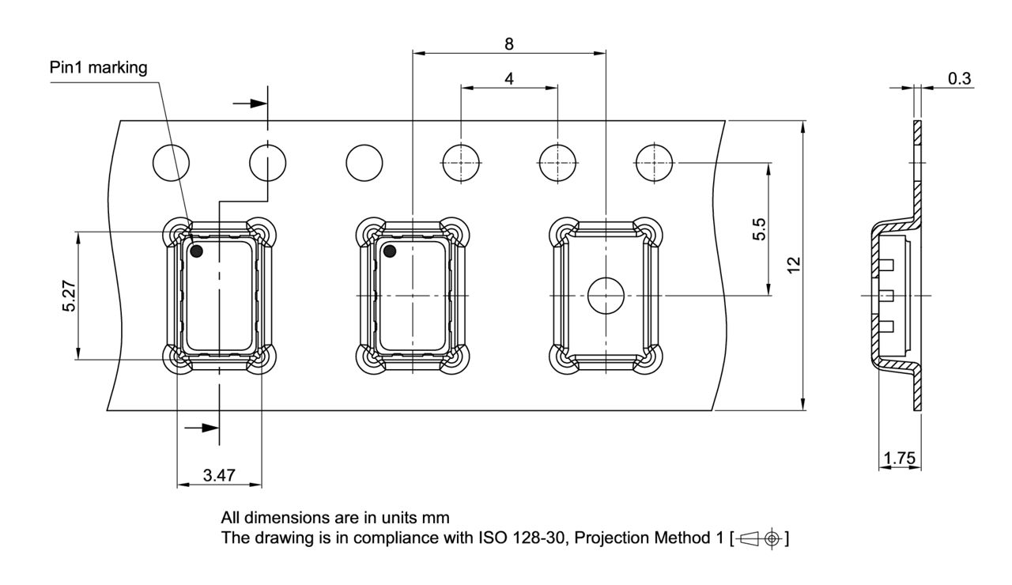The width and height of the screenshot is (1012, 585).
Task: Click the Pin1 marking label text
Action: [x=98, y=68]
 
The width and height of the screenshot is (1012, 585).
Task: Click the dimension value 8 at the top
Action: [x=509, y=44]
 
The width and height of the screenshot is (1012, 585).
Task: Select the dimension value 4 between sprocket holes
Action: [x=509, y=79]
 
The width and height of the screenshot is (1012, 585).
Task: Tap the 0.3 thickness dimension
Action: [x=960, y=77]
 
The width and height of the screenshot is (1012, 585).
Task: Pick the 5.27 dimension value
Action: [x=69, y=295]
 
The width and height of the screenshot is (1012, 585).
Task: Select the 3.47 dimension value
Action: [x=218, y=475]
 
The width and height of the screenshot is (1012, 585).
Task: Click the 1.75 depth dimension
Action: [x=900, y=458]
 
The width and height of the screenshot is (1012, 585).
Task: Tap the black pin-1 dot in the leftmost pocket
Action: [x=196, y=251]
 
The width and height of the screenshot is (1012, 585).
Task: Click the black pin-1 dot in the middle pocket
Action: [x=389, y=251]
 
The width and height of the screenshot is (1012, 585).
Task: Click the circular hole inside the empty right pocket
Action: [x=605, y=295]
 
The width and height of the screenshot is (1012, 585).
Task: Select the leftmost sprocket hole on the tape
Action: [x=172, y=163]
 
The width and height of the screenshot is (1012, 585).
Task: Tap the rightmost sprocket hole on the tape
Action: [x=655, y=163]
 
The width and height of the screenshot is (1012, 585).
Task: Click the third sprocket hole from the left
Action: [x=364, y=163]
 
